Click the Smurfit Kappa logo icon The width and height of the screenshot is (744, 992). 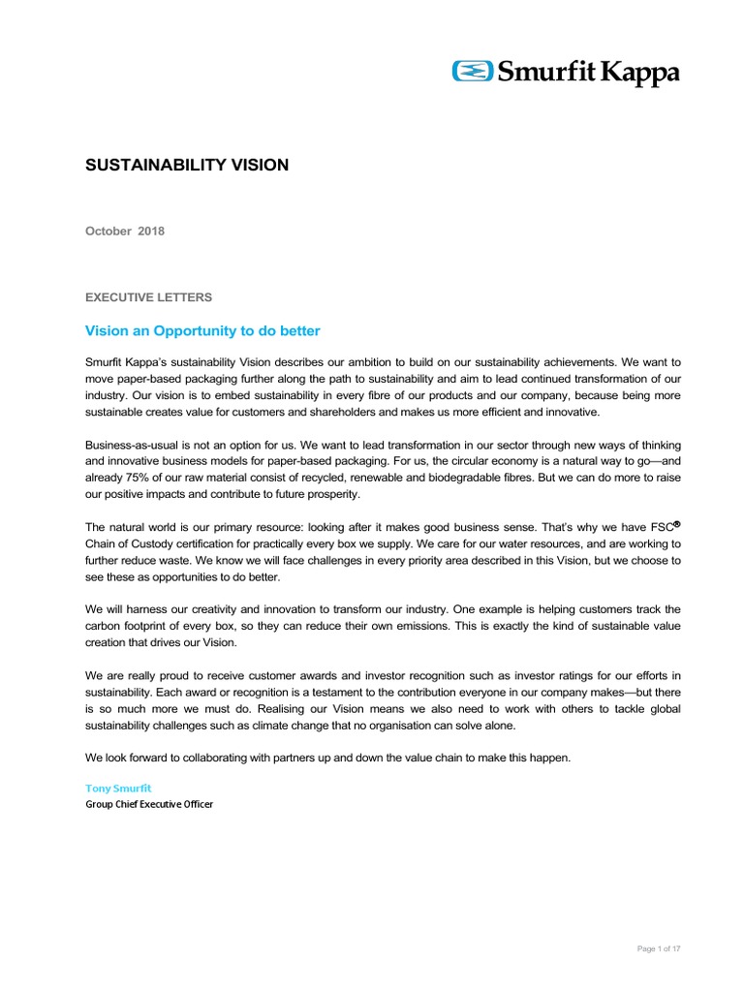click(474, 72)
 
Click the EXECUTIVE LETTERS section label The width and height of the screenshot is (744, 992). click(148, 296)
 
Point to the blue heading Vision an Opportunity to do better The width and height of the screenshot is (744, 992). click(203, 331)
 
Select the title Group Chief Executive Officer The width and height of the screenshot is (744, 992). click(149, 804)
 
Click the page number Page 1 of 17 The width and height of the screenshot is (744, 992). click(658, 948)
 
